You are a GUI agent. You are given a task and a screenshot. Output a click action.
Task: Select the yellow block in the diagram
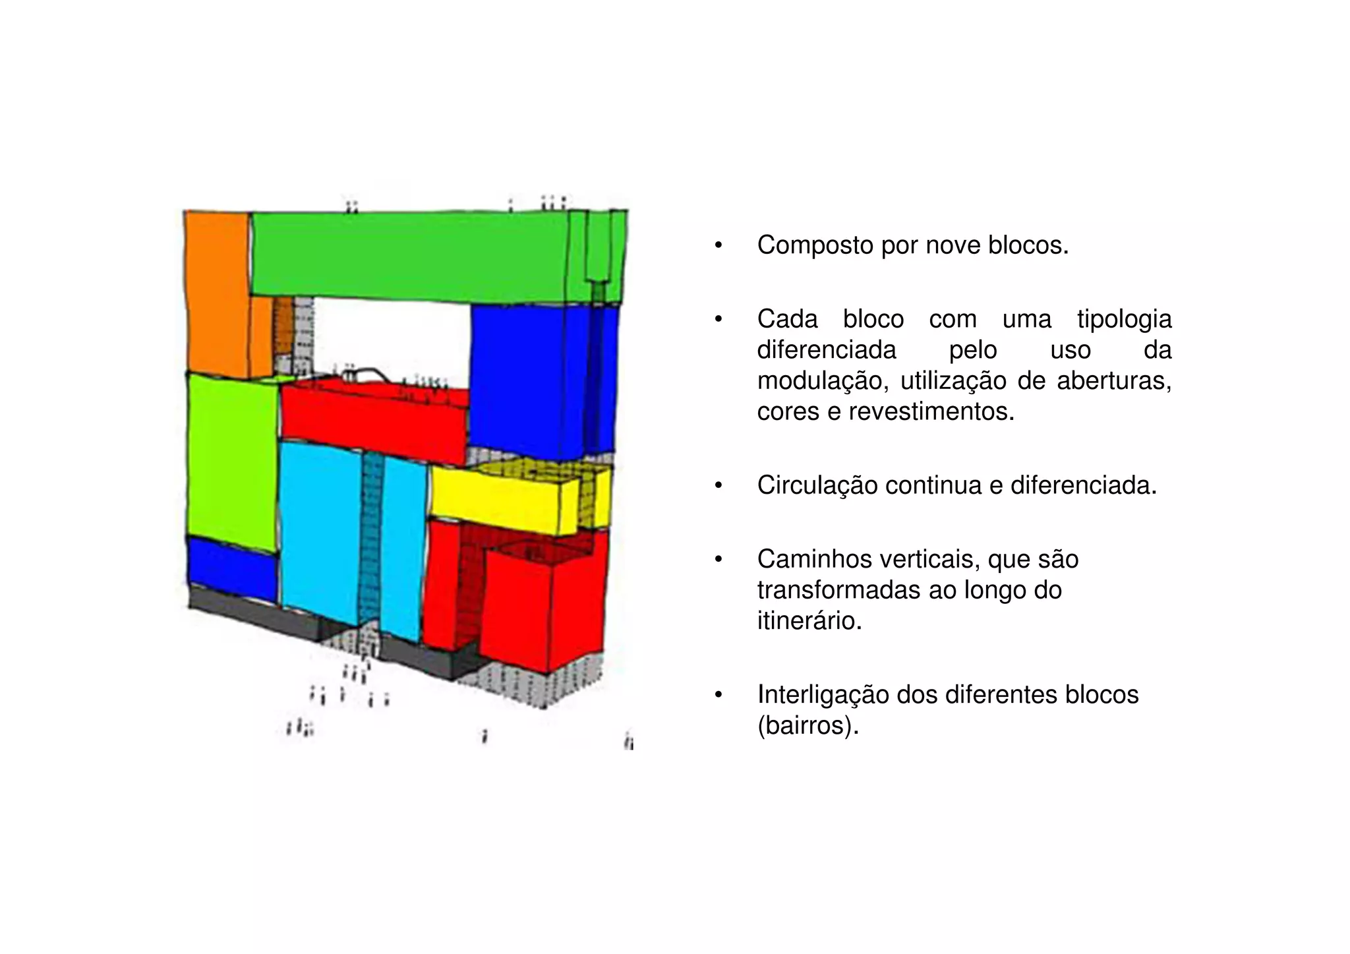(x=501, y=501)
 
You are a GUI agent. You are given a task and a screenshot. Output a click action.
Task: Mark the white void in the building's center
(x=392, y=336)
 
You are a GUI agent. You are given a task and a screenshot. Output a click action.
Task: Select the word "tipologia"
(x=1124, y=319)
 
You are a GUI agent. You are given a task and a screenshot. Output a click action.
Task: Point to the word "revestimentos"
(x=931, y=411)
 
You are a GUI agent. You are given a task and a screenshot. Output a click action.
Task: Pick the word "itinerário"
(x=809, y=620)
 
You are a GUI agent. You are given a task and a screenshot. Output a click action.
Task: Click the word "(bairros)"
(x=808, y=725)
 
